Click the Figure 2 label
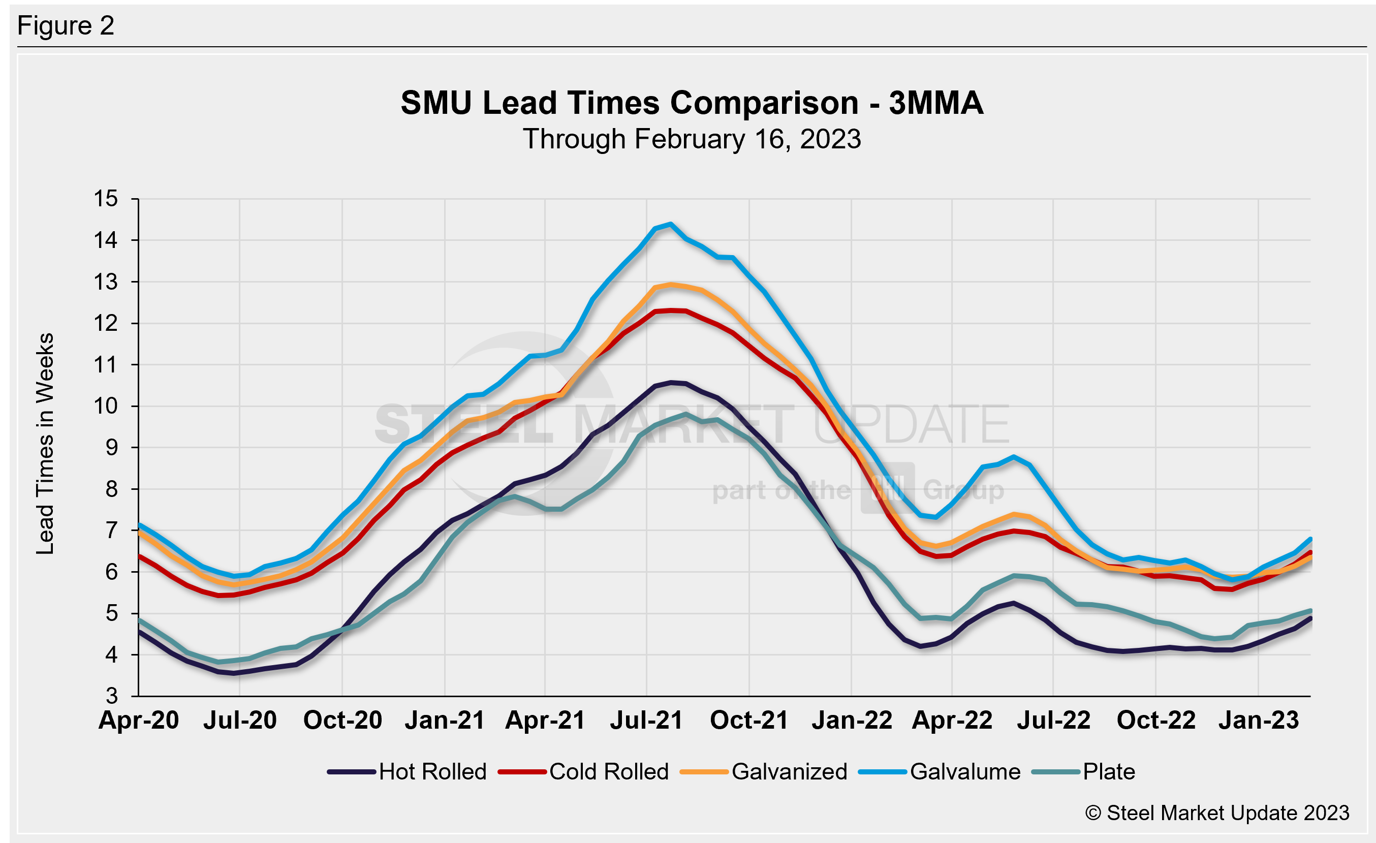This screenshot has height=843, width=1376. [66, 26]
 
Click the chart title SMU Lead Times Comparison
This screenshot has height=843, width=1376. [692, 103]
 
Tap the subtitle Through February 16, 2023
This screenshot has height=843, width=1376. [692, 139]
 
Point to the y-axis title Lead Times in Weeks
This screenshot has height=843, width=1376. [45, 443]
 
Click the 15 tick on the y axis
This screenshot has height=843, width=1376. [106, 199]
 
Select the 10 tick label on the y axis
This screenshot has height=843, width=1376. [106, 406]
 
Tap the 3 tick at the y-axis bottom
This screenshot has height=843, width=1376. [112, 696]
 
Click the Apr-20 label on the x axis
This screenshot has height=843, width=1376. [139, 720]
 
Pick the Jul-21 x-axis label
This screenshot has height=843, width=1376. [646, 720]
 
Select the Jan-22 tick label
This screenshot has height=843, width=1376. [852, 720]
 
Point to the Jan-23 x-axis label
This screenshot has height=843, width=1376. [1259, 720]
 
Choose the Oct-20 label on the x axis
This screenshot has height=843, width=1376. [342, 720]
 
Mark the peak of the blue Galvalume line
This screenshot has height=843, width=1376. [671, 224]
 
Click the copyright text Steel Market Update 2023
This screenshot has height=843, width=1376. [1217, 813]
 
